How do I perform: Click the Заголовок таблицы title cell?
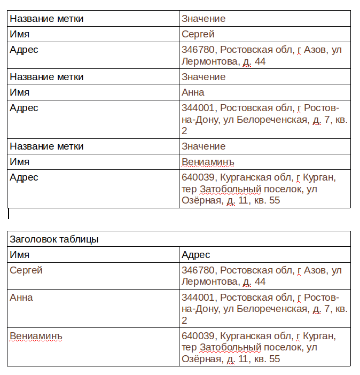(54, 239)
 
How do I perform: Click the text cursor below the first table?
(9, 214)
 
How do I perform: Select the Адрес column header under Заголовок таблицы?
(196, 255)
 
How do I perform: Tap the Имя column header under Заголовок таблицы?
(20, 255)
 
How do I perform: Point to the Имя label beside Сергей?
(20, 34)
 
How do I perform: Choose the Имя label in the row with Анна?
(20, 92)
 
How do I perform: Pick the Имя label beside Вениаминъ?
(20, 162)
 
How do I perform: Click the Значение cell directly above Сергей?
(204, 19)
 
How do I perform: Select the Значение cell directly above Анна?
(204, 77)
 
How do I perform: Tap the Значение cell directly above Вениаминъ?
(204, 146)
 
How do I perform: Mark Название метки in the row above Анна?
(46, 77)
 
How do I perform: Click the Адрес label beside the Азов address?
(24, 50)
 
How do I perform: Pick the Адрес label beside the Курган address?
(24, 177)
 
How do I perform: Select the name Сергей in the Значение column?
(198, 34)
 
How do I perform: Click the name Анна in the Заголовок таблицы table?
(21, 297)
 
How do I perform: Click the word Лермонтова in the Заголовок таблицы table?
(210, 282)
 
